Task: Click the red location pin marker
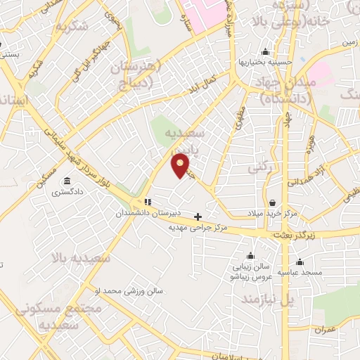[x=181, y=165]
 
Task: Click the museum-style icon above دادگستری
[x=67, y=179]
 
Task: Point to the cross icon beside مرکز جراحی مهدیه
[x=198, y=217]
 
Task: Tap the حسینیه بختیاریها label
[x=264, y=62]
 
